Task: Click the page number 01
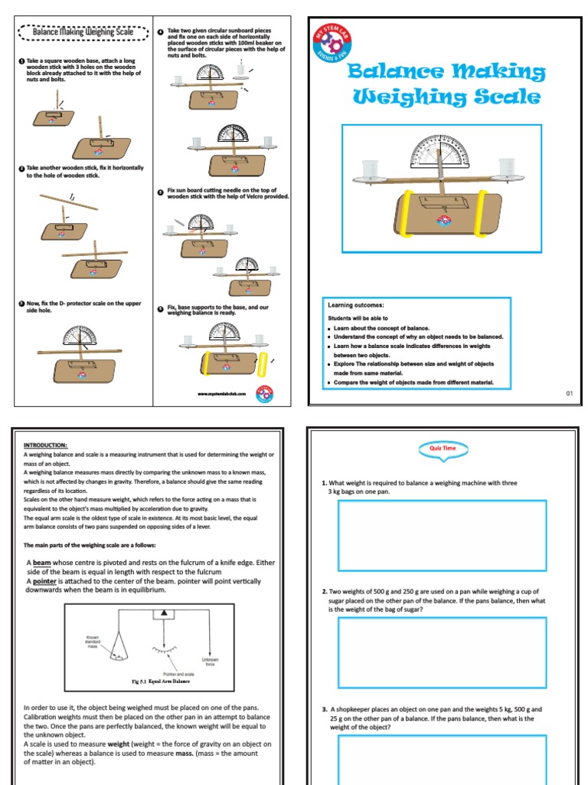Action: pos(569,393)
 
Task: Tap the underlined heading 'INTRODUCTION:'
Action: pos(46,445)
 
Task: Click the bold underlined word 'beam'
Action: pos(41,563)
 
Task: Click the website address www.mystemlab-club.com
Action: pos(220,394)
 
